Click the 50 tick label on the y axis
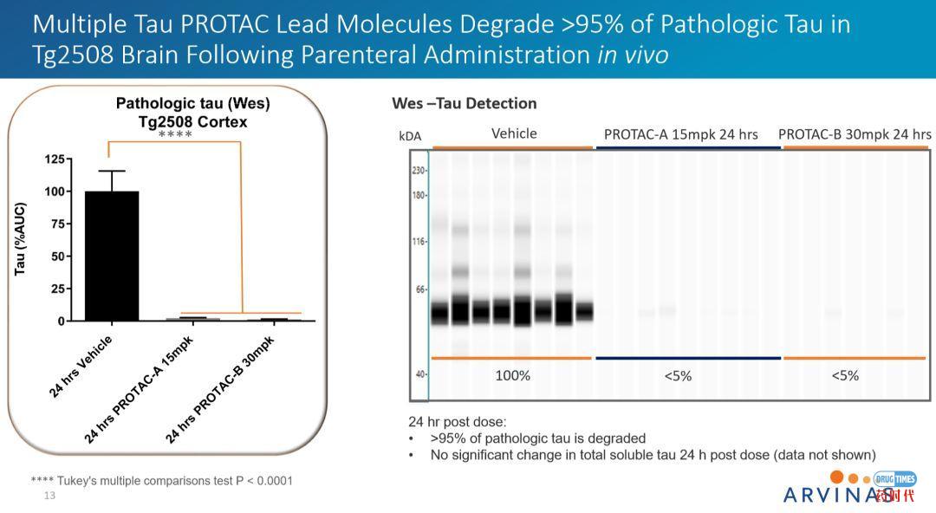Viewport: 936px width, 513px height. tap(57, 256)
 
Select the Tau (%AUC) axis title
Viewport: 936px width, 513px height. tap(20, 239)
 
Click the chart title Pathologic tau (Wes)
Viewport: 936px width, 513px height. tap(192, 104)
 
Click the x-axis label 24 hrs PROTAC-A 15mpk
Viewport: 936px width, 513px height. tap(141, 390)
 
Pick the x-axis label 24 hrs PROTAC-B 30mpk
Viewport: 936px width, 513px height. tap(220, 390)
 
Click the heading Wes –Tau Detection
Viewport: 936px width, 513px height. tap(465, 104)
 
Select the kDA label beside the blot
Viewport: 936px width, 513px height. tap(409, 136)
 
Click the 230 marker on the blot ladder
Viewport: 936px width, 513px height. tap(419, 171)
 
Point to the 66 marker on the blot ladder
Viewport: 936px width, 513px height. tap(420, 289)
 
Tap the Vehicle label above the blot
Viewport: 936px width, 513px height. tap(514, 133)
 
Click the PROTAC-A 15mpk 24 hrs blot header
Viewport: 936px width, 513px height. tap(680, 134)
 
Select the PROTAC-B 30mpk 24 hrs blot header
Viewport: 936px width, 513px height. tap(855, 134)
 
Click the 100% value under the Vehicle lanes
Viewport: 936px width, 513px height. tap(512, 376)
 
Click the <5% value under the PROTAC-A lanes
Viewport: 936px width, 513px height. tap(678, 376)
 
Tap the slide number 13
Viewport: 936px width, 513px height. tap(49, 496)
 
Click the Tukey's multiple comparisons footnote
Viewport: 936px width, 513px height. tap(161, 480)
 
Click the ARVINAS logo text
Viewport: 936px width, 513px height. tap(836, 495)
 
